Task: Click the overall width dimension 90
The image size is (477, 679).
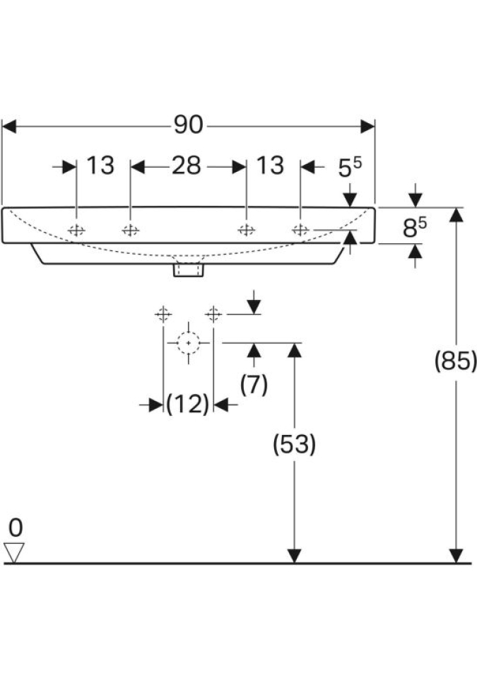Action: (x=188, y=125)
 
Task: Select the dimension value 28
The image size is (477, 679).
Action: (x=187, y=166)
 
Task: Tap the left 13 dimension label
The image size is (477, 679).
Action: (x=100, y=166)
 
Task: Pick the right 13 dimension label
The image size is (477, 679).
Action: (x=270, y=166)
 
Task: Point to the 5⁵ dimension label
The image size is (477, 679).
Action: (x=349, y=168)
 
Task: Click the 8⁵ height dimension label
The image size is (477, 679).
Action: (x=415, y=228)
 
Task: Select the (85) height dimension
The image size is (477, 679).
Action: (x=456, y=361)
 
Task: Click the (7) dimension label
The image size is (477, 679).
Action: (x=254, y=385)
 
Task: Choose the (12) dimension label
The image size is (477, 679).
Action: (x=188, y=405)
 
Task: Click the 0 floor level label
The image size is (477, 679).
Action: (x=16, y=527)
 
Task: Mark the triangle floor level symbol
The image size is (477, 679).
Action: (x=15, y=552)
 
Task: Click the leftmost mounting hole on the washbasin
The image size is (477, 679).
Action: (x=76, y=230)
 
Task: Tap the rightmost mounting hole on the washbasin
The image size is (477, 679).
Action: (x=300, y=229)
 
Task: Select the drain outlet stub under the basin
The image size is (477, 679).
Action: (x=189, y=269)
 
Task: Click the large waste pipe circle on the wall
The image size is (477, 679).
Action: (x=188, y=342)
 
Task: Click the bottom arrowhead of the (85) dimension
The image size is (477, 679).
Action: (x=457, y=556)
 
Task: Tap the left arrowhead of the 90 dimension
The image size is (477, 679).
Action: (x=9, y=126)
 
